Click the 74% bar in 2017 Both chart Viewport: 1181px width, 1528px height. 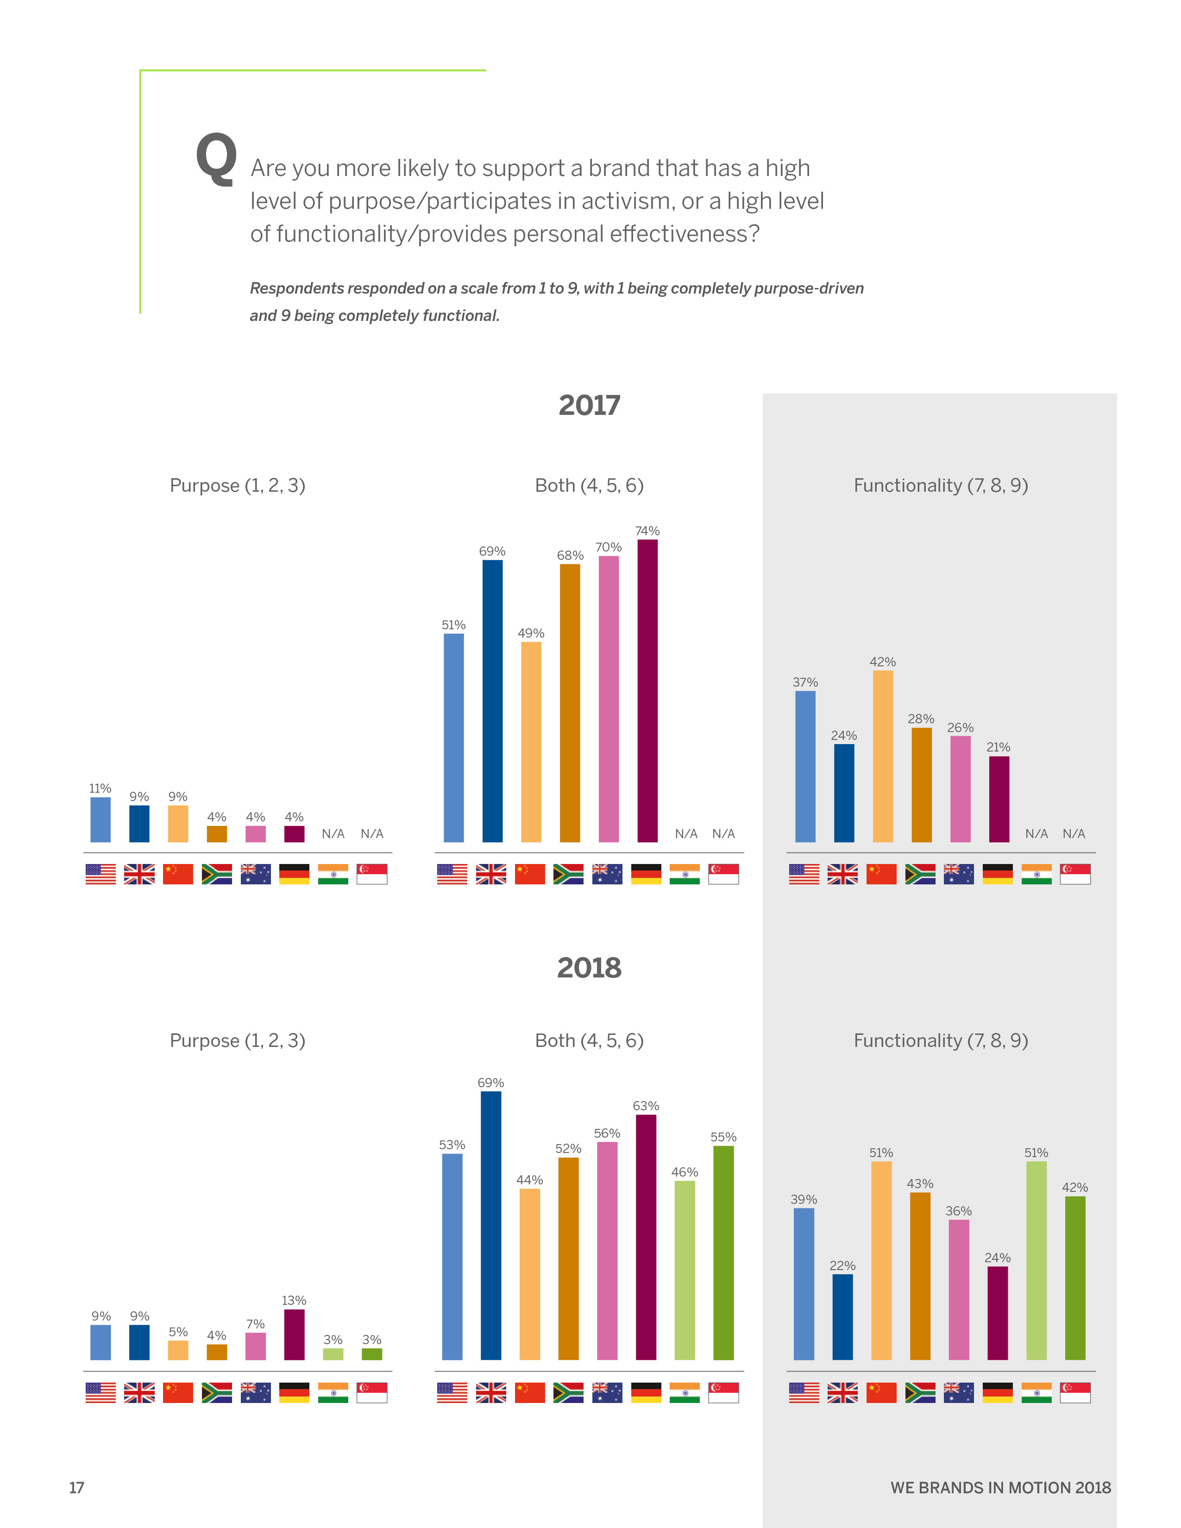click(x=647, y=690)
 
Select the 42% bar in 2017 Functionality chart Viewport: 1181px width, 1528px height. click(x=882, y=756)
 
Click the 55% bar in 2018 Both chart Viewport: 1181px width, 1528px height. click(x=723, y=1252)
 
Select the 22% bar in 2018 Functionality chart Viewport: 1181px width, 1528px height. click(x=842, y=1317)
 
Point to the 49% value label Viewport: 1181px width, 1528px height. click(x=530, y=633)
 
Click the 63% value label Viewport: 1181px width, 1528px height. click(x=646, y=1106)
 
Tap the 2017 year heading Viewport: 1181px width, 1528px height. click(x=589, y=406)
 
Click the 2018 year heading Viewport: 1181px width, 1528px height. click(x=589, y=968)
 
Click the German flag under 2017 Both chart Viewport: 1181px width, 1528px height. click(x=646, y=874)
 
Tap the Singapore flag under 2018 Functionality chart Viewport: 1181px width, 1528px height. click(x=1074, y=1392)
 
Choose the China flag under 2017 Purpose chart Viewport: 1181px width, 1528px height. click(x=178, y=874)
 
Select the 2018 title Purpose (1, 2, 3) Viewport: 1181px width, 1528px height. click(x=237, y=1041)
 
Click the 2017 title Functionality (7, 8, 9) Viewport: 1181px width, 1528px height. click(x=940, y=486)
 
